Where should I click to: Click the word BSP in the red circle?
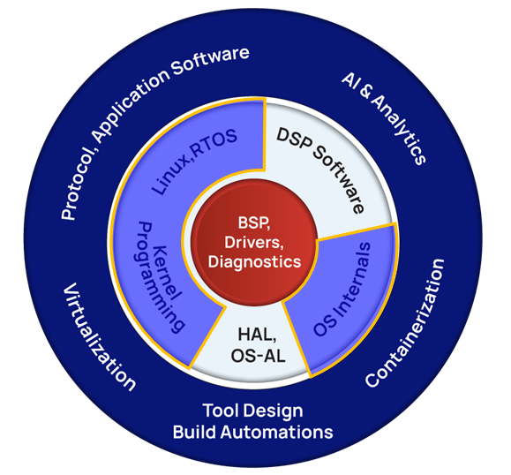253,223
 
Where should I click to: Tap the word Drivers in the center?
254,243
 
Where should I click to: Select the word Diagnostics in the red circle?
254,262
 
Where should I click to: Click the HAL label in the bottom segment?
257,336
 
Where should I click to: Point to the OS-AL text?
258,355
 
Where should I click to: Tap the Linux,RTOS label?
194,161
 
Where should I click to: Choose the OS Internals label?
342,290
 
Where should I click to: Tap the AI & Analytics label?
384,118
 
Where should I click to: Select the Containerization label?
405,323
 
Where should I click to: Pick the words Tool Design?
253,411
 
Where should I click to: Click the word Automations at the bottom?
277,433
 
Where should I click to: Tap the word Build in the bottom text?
194,433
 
